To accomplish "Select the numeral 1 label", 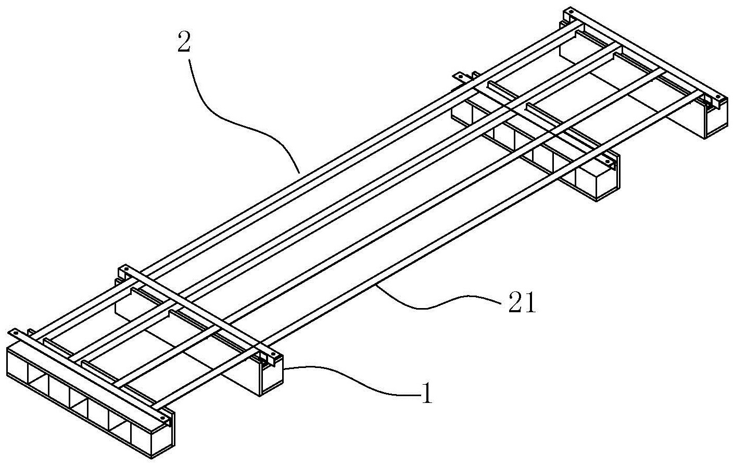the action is (427, 394).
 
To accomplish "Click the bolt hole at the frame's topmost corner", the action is (571, 12).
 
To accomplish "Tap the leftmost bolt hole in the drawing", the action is (14, 334).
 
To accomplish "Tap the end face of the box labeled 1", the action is (272, 377).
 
